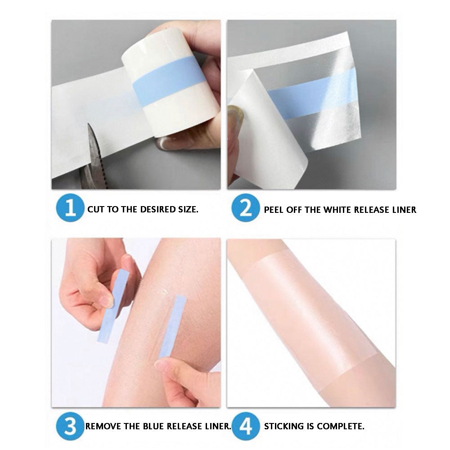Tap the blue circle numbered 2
click(245, 209)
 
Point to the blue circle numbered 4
click(245, 425)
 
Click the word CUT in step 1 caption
click(95, 210)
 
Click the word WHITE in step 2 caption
click(335, 210)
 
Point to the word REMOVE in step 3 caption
click(103, 426)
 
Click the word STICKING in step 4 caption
click(283, 426)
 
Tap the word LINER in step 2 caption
click(402, 210)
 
